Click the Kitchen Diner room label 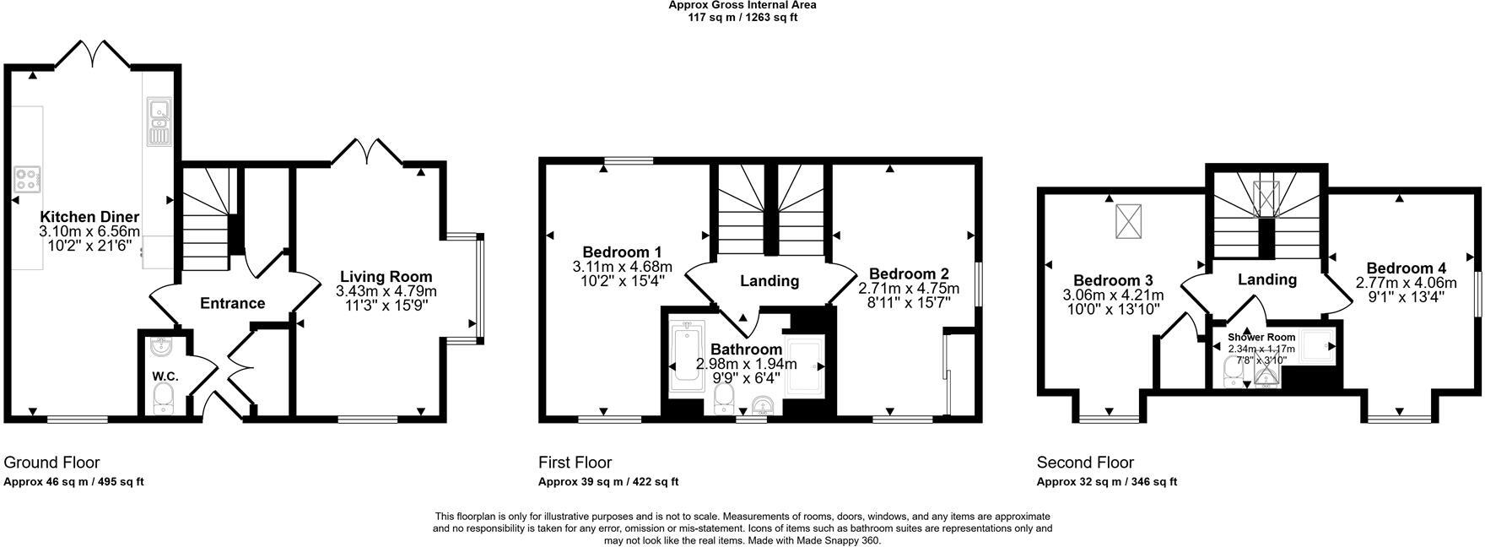89,217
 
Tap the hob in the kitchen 28,179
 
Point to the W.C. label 162,376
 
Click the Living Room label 386,276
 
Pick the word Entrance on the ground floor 232,303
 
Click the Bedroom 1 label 622,252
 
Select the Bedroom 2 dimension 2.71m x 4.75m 909,289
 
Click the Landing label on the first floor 769,281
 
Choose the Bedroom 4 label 1400,268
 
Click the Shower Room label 1261,338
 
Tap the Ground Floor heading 51,463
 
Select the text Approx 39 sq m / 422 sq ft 607,482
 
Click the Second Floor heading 1085,463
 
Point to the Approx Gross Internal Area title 742,5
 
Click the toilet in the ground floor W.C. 164,398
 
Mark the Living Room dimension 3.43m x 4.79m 386,291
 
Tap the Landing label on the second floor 1266,279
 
